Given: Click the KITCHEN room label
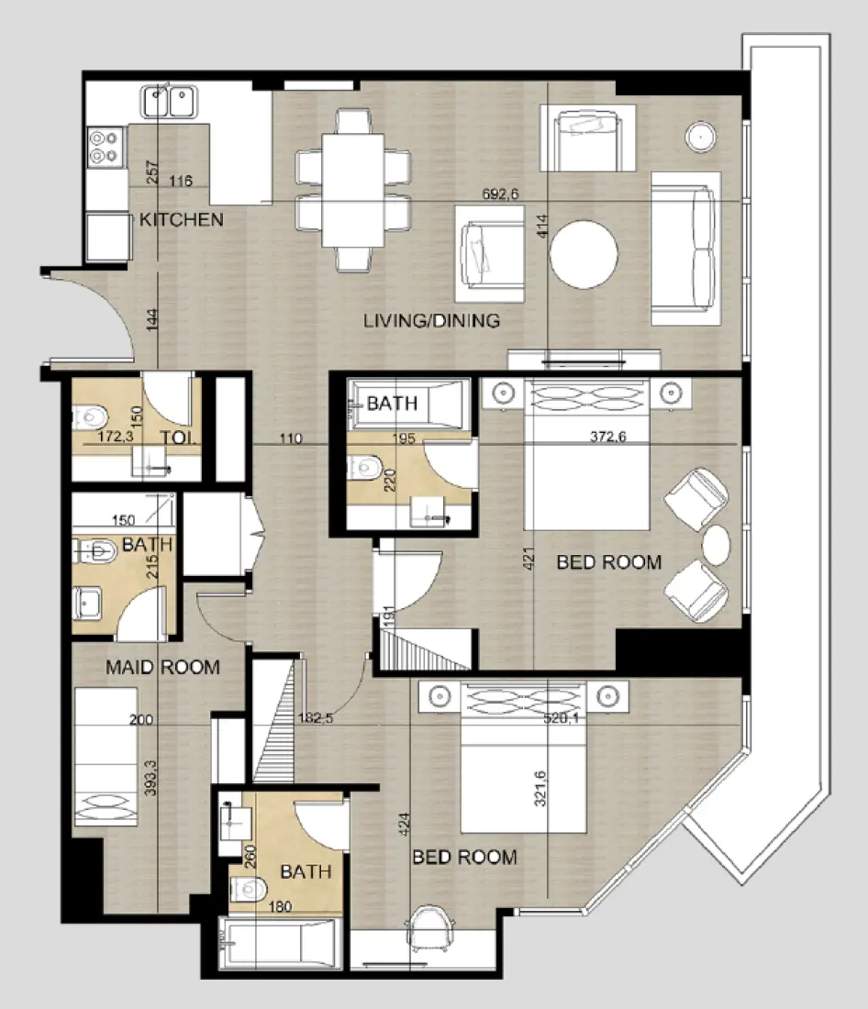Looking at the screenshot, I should [x=181, y=220].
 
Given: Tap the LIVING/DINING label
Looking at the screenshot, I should [x=431, y=321].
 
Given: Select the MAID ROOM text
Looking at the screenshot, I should [x=162, y=667].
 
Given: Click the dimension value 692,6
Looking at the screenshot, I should [x=502, y=194].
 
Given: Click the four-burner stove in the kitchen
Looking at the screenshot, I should [x=106, y=147].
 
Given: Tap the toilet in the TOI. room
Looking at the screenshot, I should [x=90, y=417].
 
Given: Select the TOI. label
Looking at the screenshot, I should [x=180, y=438].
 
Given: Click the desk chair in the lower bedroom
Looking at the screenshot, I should [x=430, y=926].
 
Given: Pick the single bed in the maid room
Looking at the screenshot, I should [x=105, y=758].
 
